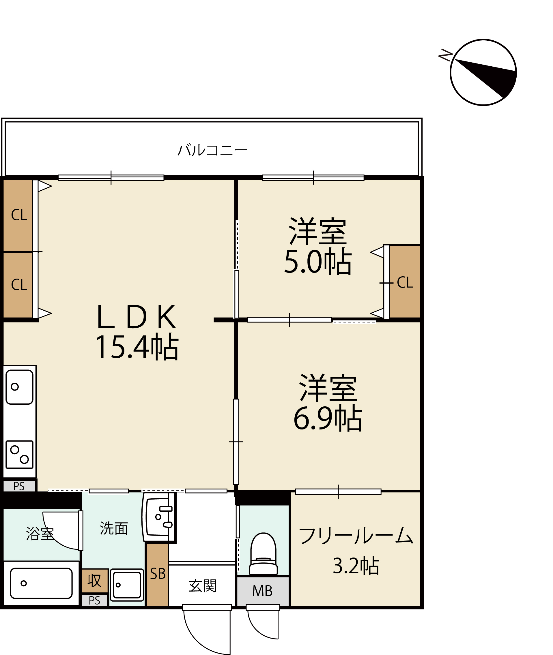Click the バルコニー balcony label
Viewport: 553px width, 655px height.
click(x=212, y=150)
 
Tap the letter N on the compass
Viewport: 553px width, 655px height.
click(x=445, y=55)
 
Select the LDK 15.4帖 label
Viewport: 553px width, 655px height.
click(x=137, y=332)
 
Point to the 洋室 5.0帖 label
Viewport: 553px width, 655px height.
click(x=318, y=246)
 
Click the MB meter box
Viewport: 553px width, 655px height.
click(x=263, y=591)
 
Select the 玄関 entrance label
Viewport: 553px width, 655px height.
click(x=203, y=586)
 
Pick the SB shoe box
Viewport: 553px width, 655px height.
click(x=157, y=575)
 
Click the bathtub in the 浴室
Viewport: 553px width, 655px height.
click(x=41, y=583)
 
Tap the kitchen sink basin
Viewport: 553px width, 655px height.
click(x=19, y=387)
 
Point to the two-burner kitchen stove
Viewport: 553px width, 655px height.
click(x=19, y=455)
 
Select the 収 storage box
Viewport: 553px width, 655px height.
click(x=95, y=581)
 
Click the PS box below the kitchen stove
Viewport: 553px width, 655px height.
click(x=19, y=486)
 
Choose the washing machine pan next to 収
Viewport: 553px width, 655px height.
click(x=127, y=585)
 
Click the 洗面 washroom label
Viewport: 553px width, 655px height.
click(x=114, y=528)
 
